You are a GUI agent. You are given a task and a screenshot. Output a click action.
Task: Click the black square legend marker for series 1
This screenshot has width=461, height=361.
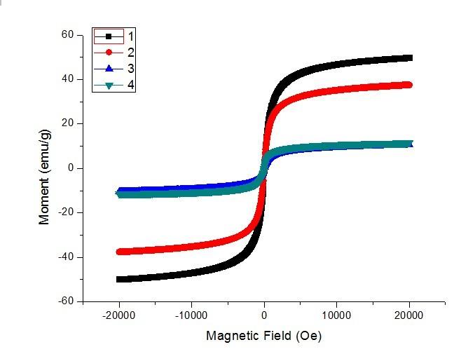pos(109,36)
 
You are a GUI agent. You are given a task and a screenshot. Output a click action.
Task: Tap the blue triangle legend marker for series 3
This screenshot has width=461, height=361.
pos(109,69)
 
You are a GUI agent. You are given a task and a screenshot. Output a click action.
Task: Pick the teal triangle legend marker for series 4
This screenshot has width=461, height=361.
pos(109,86)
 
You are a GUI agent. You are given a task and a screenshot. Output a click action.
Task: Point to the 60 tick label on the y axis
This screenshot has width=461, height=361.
pos(67,34)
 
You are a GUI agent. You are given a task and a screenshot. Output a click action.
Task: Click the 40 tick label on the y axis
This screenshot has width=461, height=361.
pos(67,79)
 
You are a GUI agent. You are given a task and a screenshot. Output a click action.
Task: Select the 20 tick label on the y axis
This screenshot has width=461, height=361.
pos(67,123)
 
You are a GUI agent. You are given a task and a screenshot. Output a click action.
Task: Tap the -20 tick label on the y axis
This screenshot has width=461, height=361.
pos(66,212)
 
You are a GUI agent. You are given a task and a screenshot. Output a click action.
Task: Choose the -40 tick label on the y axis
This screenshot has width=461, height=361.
pos(66,257)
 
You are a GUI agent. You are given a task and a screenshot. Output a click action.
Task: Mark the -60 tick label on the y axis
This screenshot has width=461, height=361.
pos(66,301)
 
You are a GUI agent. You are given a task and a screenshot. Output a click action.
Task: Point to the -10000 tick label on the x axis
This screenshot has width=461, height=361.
pos(191,315)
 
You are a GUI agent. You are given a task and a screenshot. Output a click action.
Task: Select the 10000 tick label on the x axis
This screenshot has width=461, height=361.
pos(337,315)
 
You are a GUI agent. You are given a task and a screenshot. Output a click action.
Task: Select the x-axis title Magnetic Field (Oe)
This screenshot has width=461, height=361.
pos(263,336)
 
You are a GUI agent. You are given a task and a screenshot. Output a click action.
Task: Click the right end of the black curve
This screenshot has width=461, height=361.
pos(410,57)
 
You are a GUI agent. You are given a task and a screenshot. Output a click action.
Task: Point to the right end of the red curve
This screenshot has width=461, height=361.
pos(410,85)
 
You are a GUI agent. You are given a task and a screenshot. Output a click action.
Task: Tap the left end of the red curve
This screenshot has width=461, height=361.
pos(119,252)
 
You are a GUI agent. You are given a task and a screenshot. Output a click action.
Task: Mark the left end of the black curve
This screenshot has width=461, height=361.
pos(119,279)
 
